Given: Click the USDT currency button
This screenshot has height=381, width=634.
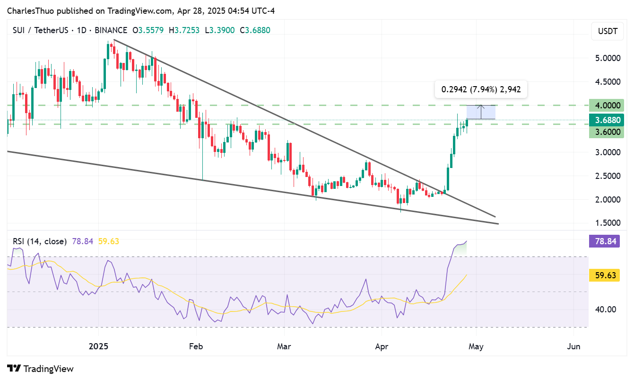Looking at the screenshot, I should coord(608,32).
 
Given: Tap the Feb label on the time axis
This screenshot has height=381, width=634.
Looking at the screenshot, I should coord(196,346).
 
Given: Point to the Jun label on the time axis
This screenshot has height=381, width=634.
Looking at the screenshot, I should coord(573,346).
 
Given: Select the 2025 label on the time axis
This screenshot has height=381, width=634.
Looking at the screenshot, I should coord(99,346).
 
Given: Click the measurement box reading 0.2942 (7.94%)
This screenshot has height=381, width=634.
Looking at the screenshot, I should coord(481,89).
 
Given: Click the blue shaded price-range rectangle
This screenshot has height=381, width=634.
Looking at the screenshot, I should coord(481,112).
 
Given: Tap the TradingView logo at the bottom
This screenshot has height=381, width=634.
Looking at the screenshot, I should coord(41,369).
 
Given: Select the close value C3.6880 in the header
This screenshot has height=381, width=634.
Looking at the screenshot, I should coord(255,30).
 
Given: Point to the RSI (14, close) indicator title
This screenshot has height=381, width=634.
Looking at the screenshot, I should coord(40,241).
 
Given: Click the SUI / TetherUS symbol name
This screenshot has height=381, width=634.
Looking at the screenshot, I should coord(41,30).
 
